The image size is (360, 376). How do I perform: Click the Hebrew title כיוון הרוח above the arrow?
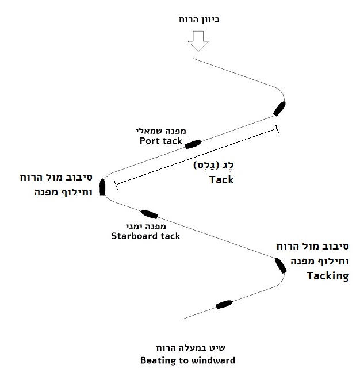pyautogui.click(x=200, y=20)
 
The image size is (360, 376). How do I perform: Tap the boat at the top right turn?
pyautogui.click(x=280, y=108)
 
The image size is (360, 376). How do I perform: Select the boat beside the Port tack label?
pyautogui.click(x=193, y=143)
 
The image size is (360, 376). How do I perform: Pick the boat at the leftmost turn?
pyautogui.click(x=102, y=187)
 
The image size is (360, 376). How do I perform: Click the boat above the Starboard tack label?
pyautogui.click(x=150, y=214)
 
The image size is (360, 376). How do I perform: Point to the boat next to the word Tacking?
pyautogui.click(x=280, y=265)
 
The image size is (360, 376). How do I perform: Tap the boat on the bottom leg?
pyautogui.click(x=223, y=304)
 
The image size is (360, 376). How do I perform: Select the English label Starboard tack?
pyautogui.click(x=146, y=236)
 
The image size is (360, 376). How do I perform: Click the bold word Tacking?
pyautogui.click(x=328, y=275)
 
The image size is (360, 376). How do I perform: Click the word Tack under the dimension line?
pyautogui.click(x=221, y=179)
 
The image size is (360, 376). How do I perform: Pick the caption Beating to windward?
pyautogui.click(x=187, y=360)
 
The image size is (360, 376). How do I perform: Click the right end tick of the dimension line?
pyautogui.click(x=278, y=130)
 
